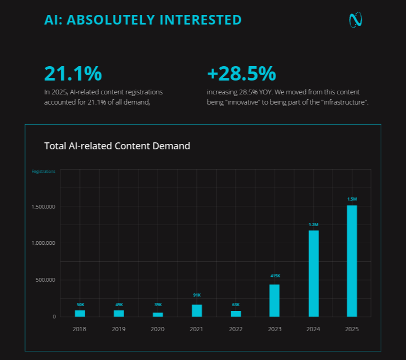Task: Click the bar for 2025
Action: pyautogui.click(x=352, y=261)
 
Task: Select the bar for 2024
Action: pyautogui.click(x=313, y=273)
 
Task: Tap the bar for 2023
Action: pyautogui.click(x=274, y=300)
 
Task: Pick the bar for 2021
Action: pyautogui.click(x=197, y=310)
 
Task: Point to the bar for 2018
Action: pyautogui.click(x=80, y=313)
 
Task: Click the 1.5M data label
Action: pyautogui.click(x=352, y=199)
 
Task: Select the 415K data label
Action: pyautogui.click(x=274, y=276)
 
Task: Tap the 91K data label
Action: pyautogui.click(x=197, y=295)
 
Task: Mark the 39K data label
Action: pyautogui.click(x=158, y=305)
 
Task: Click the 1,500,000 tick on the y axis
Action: pyautogui.click(x=43, y=206)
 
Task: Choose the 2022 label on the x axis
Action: pyautogui.click(x=236, y=329)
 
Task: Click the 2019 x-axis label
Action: pyautogui.click(x=119, y=329)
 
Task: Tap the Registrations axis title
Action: pyautogui.click(x=43, y=172)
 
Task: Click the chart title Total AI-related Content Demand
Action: pyautogui.click(x=117, y=146)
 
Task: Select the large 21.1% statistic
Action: pyautogui.click(x=73, y=74)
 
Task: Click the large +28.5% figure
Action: pyautogui.click(x=241, y=74)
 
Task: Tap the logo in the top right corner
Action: pyautogui.click(x=355, y=20)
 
